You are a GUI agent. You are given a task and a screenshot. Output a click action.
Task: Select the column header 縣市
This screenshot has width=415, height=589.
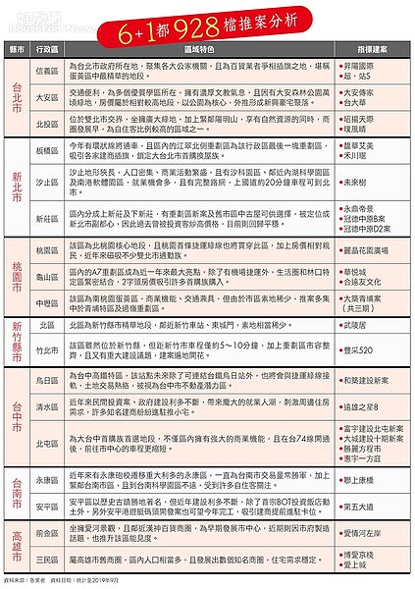pyautogui.click(x=19, y=47)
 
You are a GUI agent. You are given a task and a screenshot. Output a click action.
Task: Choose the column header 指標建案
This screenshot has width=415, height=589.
pyautogui.click(x=370, y=47)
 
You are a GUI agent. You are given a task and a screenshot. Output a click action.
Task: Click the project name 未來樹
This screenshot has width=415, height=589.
pyautogui.click(x=357, y=183)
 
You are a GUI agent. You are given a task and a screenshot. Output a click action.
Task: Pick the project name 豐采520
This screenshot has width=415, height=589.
pyautogui.click(x=360, y=349)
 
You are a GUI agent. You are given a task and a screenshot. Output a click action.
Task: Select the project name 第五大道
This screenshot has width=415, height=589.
pyautogui.click(x=361, y=507)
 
